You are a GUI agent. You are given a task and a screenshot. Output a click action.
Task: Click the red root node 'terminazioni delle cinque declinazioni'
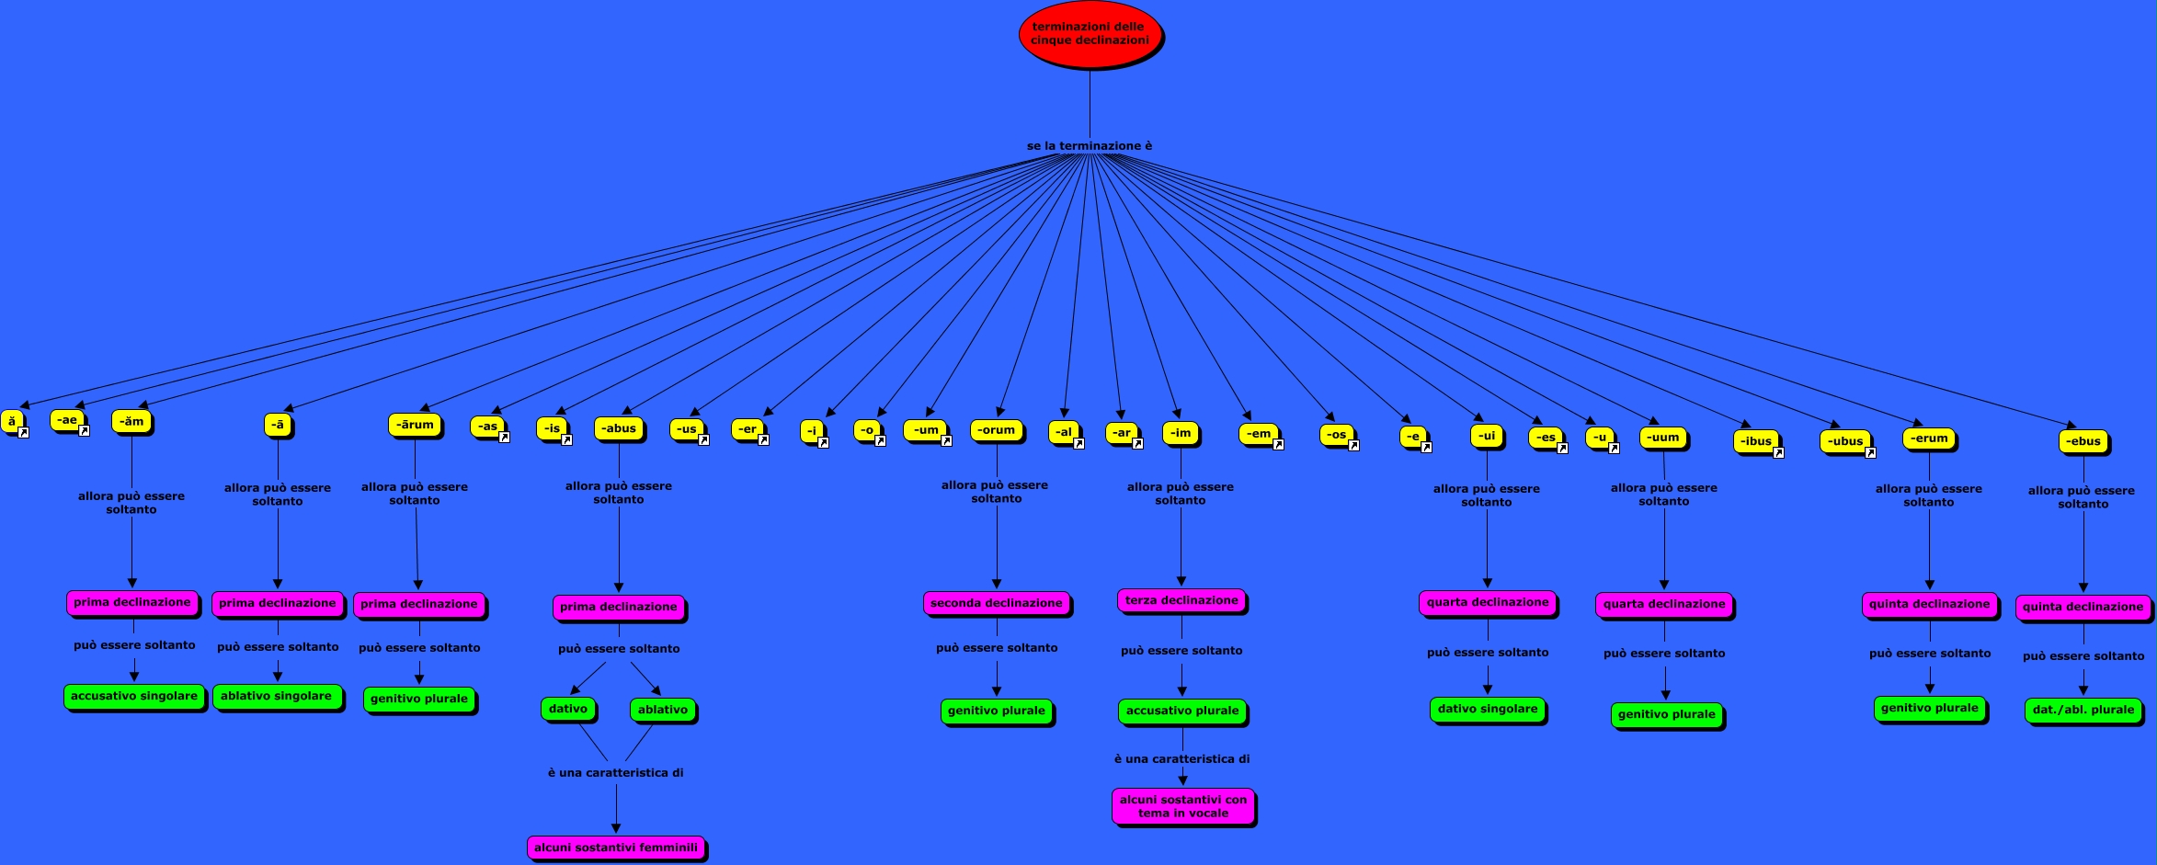tap(1090, 34)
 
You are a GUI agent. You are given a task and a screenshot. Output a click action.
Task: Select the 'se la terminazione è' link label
tap(1089, 146)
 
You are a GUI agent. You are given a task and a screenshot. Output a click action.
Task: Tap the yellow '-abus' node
tap(619, 428)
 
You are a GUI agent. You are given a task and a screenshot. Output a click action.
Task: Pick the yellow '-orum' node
tap(996, 430)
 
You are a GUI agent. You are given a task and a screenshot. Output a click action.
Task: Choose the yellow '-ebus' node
tap(2083, 441)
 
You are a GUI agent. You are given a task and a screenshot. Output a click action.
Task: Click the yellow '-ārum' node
tap(416, 425)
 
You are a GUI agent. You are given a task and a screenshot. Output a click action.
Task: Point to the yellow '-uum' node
tap(1663, 438)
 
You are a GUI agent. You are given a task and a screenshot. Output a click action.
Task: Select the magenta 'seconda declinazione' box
tap(996, 604)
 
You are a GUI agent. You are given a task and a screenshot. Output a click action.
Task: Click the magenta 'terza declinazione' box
tap(1181, 601)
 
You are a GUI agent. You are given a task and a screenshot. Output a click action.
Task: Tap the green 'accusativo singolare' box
tap(134, 697)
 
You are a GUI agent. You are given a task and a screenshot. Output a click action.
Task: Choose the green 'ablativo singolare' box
tap(276, 697)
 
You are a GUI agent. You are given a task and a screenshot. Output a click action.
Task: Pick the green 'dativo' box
tap(567, 709)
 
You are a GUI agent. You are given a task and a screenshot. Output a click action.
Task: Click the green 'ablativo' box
tap(662, 710)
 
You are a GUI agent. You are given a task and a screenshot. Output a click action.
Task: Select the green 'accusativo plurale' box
tap(1182, 711)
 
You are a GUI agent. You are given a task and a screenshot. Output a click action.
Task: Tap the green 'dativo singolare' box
tap(1487, 710)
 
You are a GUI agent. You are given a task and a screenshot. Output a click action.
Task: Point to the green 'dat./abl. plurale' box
tap(2083, 710)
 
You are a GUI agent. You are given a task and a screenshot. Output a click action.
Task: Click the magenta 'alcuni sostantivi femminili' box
tap(616, 848)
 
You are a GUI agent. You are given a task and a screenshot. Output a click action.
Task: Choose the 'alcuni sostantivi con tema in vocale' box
tap(1182, 806)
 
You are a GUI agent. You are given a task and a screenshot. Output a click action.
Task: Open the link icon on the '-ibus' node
tap(1778, 453)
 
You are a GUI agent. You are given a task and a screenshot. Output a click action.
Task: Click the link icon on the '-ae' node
tap(84, 431)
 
